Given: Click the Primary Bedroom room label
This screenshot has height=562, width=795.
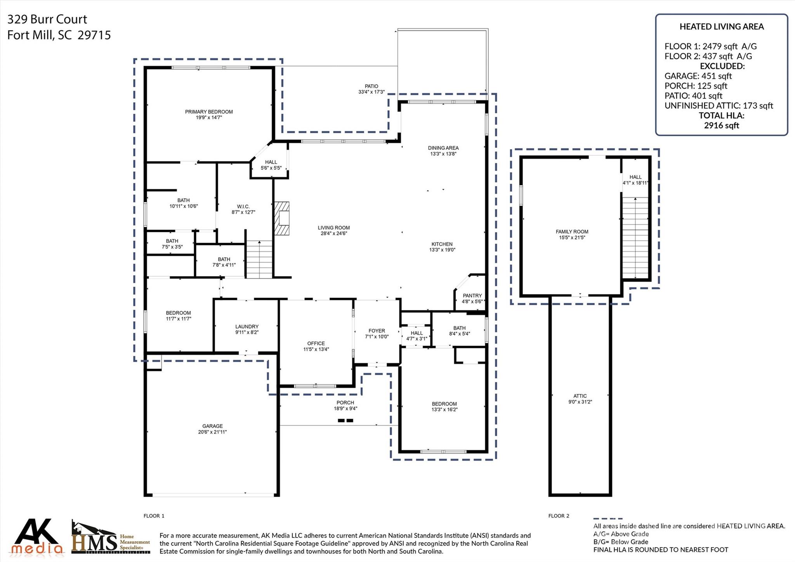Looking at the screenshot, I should [209, 112].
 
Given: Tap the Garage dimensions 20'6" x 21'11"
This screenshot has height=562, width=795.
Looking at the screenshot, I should [212, 432].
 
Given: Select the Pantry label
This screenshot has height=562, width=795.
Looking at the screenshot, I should [472, 296].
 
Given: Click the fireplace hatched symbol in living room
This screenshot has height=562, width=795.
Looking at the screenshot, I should [282, 218].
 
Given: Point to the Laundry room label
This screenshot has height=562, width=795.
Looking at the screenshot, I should [246, 327].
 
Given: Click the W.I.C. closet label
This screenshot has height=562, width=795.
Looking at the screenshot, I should [243, 207].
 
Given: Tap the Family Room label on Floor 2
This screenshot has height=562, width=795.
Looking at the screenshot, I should [572, 231].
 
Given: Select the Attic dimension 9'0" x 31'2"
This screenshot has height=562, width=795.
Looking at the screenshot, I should [580, 402].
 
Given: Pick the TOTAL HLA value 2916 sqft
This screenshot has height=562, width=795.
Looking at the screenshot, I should [721, 125].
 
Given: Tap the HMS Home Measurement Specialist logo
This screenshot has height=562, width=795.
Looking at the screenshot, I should [111, 538].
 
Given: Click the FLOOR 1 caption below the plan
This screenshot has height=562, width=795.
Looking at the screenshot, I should [154, 516].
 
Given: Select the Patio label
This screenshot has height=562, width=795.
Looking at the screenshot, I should [371, 86].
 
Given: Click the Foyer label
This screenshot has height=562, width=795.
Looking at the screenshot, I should [377, 331].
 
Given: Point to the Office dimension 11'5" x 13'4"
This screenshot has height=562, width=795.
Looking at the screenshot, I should [316, 349].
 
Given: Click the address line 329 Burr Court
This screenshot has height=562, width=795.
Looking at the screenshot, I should [47, 19].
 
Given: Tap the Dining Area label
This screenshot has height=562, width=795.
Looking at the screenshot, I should [443, 148].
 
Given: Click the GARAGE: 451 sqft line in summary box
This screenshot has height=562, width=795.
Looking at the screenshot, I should [698, 76].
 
